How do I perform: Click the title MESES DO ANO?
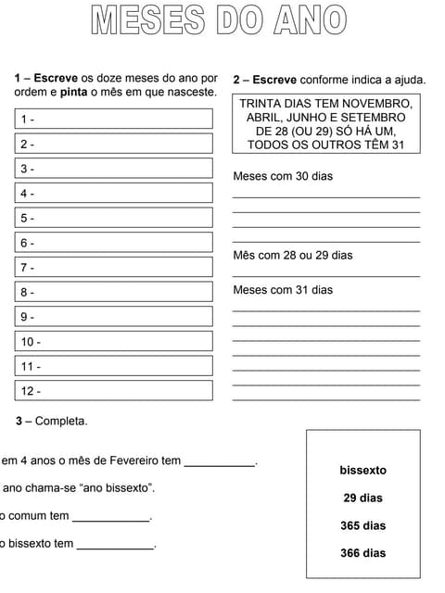[219, 20]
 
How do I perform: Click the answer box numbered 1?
[114, 120]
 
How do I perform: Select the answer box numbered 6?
[114, 243]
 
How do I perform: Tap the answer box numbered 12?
[114, 391]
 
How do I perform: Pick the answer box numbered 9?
[114, 317]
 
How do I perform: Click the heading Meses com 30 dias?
[282, 176]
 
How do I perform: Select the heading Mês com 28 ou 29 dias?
[292, 255]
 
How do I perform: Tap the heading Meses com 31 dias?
[282, 290]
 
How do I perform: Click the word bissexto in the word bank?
[362, 471]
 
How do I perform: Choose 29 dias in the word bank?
[362, 498]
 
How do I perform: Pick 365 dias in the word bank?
[362, 526]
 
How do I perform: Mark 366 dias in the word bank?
[362, 553]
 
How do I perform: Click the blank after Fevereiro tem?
[219, 461]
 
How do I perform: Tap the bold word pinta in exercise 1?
[74, 93]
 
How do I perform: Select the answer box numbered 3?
[114, 169]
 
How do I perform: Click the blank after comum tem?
[111, 517]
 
